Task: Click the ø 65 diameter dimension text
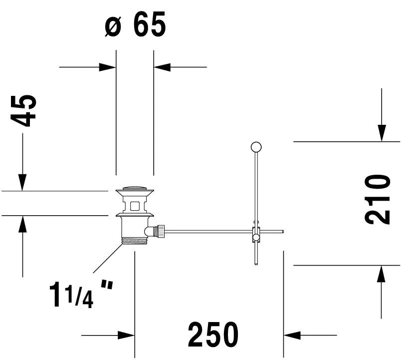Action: [135, 24]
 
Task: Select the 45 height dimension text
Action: [23, 111]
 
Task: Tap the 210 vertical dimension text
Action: [377, 200]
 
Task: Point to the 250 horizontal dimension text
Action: [213, 335]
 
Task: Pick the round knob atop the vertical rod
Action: [256, 147]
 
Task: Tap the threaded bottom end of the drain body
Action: [135, 241]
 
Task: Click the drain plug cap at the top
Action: [135, 189]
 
